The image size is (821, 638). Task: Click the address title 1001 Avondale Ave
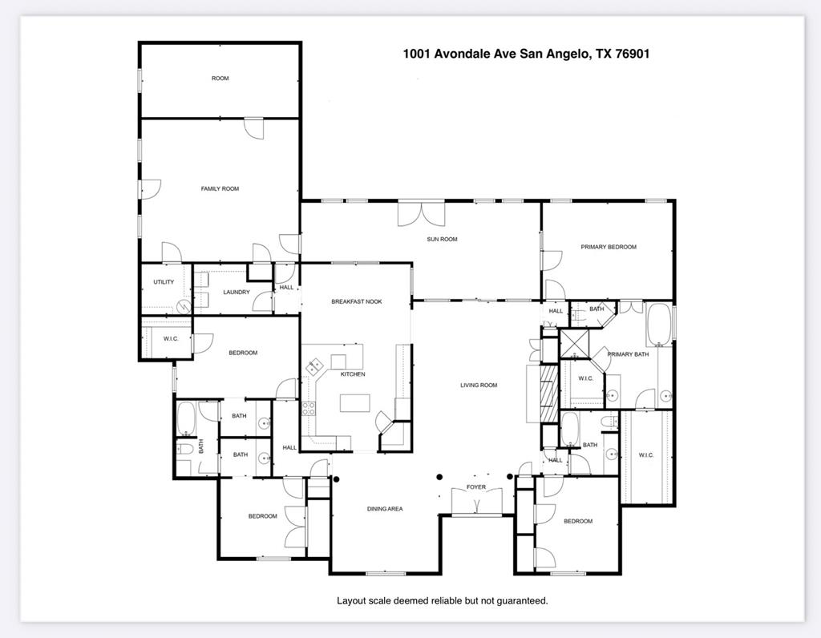pyautogui.click(x=525, y=55)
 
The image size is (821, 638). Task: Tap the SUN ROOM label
pyautogui.click(x=442, y=239)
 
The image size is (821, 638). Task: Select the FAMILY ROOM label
pyautogui.click(x=220, y=188)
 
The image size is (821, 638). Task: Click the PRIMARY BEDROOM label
pyautogui.click(x=609, y=247)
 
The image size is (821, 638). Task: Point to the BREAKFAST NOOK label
pyautogui.click(x=357, y=301)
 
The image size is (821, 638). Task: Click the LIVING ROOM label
pyautogui.click(x=479, y=386)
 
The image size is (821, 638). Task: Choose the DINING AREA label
pyautogui.click(x=385, y=509)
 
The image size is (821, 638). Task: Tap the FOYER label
pyautogui.click(x=476, y=487)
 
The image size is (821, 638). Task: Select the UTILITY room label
pyautogui.click(x=164, y=282)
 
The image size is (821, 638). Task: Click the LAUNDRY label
pyautogui.click(x=236, y=293)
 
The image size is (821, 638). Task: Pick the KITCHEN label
pyautogui.click(x=353, y=374)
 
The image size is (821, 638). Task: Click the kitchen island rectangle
pyautogui.click(x=354, y=402)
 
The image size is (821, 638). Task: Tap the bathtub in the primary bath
pyautogui.click(x=659, y=324)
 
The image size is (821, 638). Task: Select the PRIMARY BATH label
pyautogui.click(x=628, y=354)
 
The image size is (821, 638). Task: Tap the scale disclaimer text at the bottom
pyautogui.click(x=442, y=600)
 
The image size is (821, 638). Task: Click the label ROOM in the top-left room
pyautogui.click(x=220, y=79)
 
